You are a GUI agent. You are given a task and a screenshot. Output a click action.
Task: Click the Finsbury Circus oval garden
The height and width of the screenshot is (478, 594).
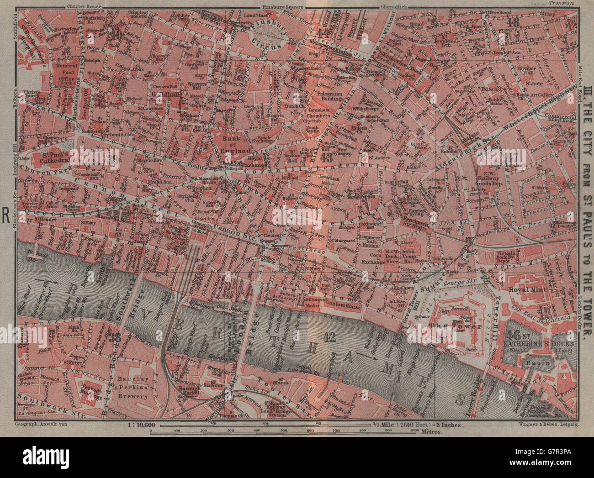click(x=268, y=33)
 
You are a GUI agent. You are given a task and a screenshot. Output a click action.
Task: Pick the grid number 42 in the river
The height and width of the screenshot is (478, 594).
click(x=329, y=338)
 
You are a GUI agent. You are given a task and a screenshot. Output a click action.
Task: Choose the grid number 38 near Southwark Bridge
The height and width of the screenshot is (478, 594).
click(x=115, y=338)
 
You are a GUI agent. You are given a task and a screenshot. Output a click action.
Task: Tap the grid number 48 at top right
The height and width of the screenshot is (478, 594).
click(x=514, y=21)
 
